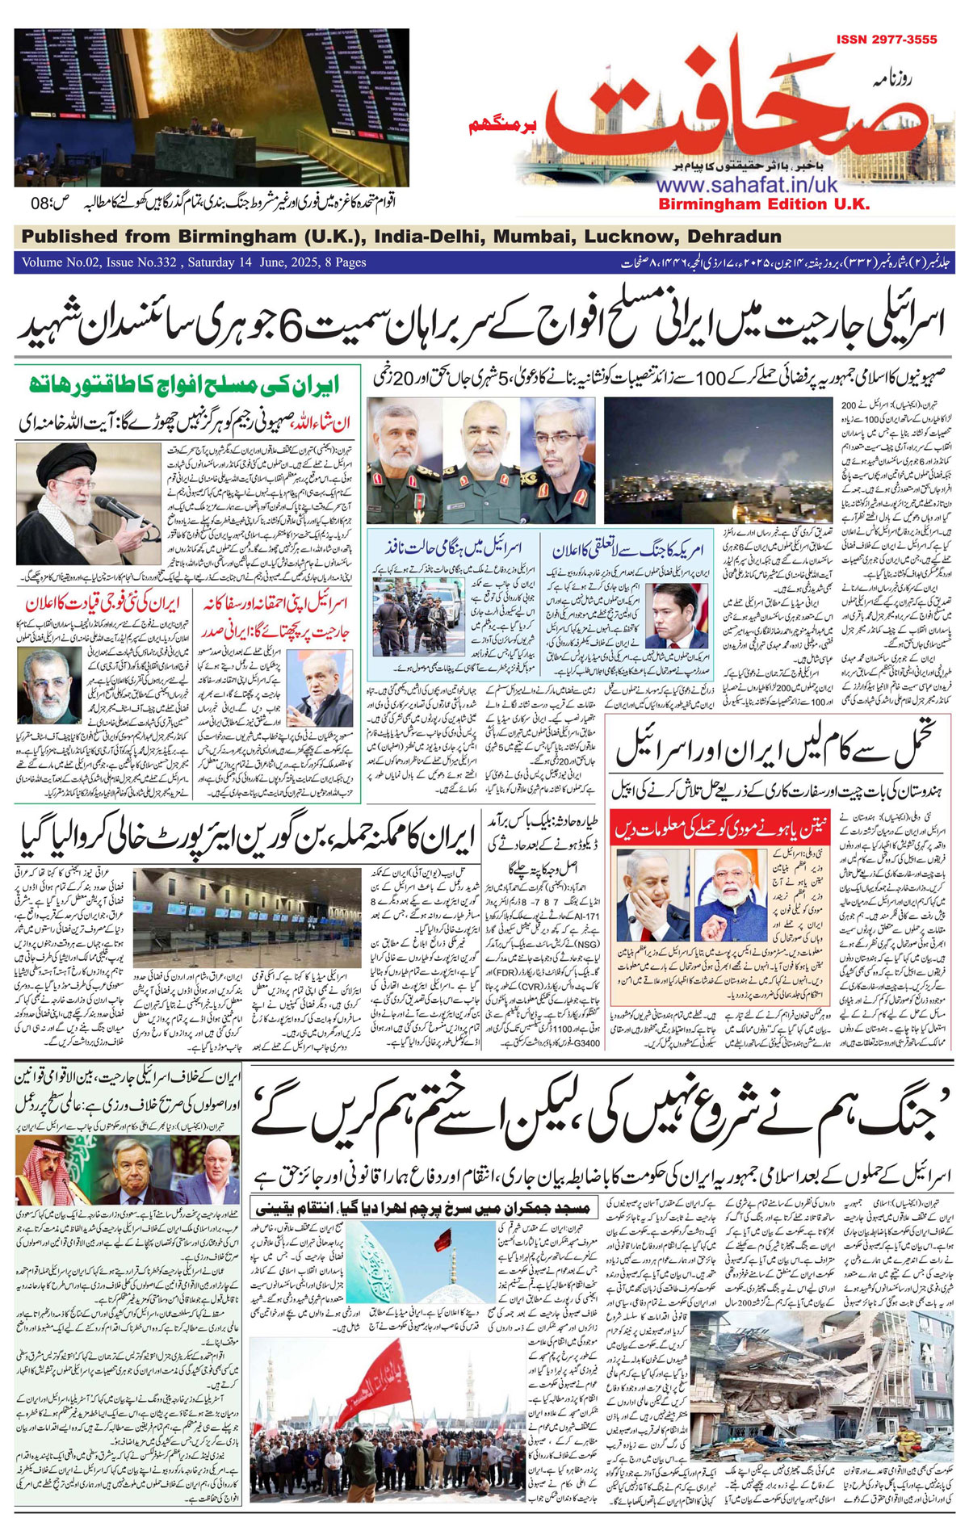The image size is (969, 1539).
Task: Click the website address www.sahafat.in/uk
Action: (747, 185)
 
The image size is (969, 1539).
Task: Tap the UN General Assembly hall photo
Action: (212, 107)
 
